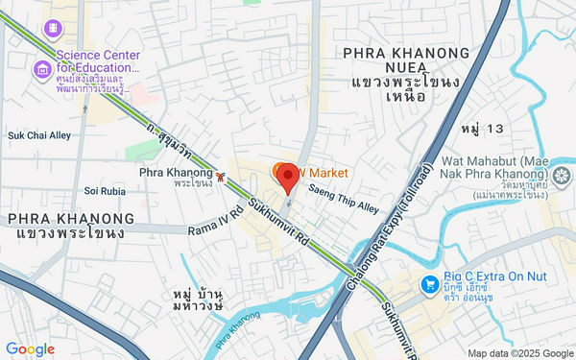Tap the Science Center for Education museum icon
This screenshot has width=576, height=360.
tap(43, 69)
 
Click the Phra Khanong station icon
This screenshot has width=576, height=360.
tap(221, 177)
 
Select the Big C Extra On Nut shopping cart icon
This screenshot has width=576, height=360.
tap(431, 284)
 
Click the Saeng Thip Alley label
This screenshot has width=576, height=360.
tap(344, 199)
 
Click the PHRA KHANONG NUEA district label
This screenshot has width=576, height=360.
tap(415, 53)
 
